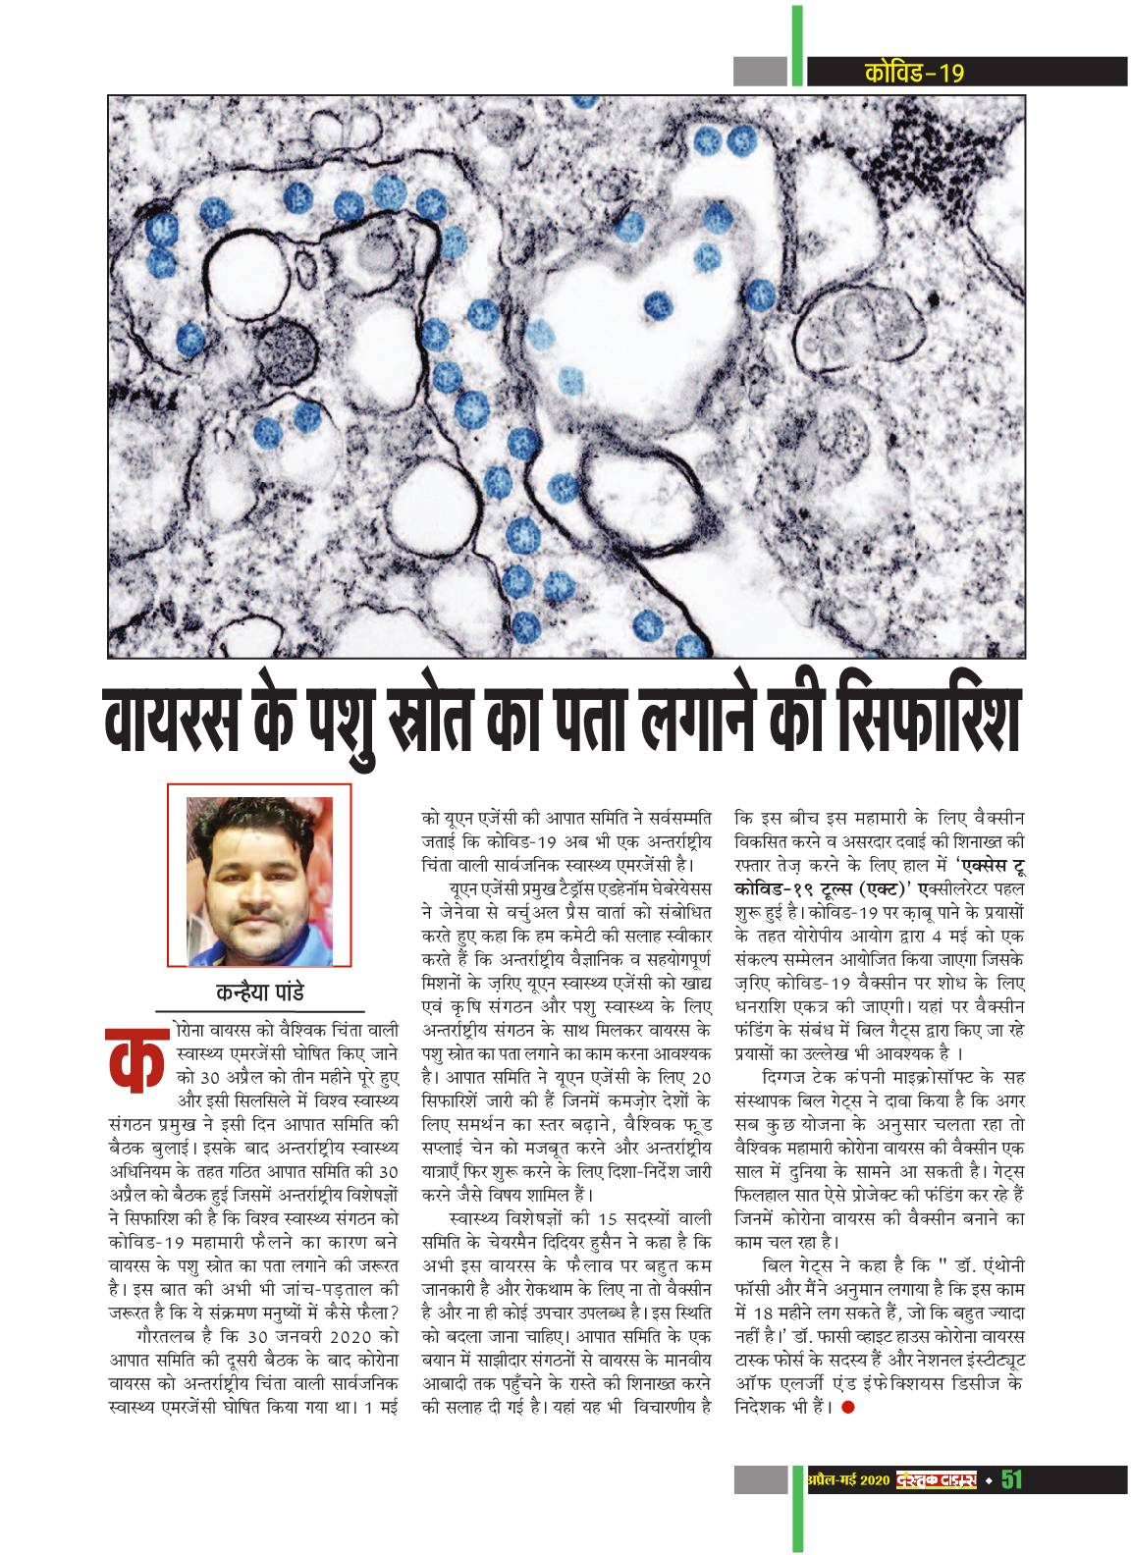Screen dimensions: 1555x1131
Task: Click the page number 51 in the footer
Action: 1011,1507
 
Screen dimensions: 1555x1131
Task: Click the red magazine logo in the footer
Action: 934,1507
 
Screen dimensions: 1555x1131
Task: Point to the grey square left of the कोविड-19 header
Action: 760,72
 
